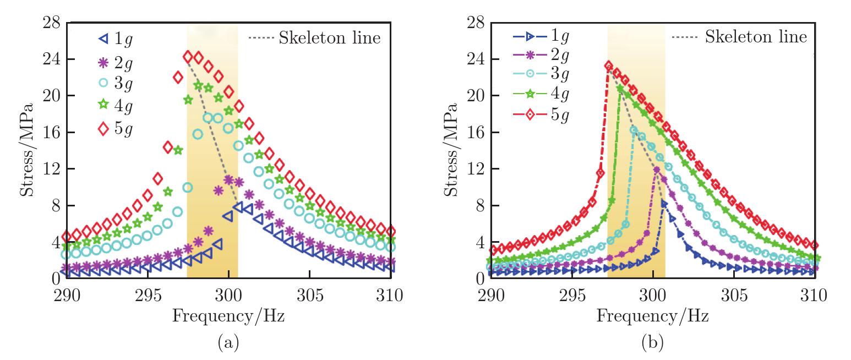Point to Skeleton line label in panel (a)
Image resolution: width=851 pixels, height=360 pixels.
click(x=330, y=38)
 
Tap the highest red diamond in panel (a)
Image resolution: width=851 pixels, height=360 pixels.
click(x=188, y=57)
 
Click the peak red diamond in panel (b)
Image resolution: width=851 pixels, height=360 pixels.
click(x=608, y=66)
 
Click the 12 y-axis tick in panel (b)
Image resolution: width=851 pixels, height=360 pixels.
click(x=474, y=168)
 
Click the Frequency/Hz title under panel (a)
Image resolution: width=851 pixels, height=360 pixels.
click(x=228, y=317)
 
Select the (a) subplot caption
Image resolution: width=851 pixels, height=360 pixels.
click(x=228, y=344)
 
